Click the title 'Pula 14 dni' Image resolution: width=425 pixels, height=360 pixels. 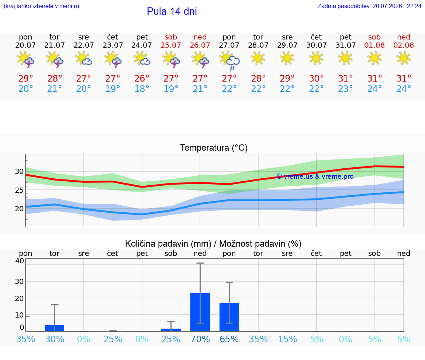point(172,11)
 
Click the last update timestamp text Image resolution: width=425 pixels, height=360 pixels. point(369,6)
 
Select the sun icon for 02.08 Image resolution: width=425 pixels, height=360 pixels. point(404,58)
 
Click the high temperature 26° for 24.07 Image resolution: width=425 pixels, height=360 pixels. point(142,78)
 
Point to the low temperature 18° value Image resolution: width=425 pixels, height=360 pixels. point(142,89)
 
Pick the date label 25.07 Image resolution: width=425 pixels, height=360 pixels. point(171,45)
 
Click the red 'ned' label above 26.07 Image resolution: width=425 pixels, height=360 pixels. point(200,37)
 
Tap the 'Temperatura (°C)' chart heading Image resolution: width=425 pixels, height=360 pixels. point(214,148)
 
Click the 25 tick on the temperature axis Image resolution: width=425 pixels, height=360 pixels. point(19,190)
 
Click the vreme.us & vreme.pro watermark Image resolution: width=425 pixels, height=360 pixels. point(315,176)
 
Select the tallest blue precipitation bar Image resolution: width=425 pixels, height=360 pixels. point(200,312)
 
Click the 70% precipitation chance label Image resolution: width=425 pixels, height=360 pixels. point(200,339)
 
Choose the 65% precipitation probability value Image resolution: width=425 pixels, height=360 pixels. point(229,339)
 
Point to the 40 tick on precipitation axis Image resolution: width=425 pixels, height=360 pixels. point(20,261)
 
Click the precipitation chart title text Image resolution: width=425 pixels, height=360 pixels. point(213,244)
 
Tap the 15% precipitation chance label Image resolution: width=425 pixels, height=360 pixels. point(287,339)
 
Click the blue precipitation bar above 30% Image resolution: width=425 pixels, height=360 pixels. point(55,328)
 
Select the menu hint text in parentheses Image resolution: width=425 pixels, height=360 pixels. point(41,6)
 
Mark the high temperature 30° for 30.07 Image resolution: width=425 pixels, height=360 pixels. point(316,78)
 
